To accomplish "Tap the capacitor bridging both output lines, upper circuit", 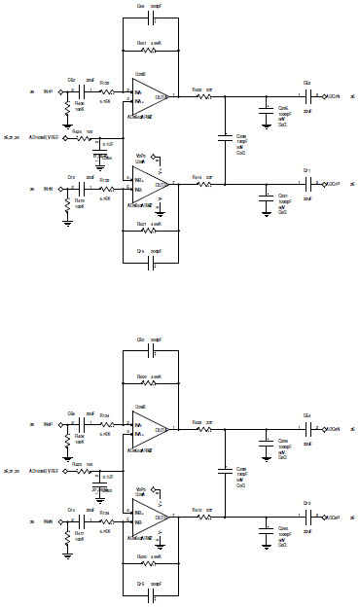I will click(x=225, y=139).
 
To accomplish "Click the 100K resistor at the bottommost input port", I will click(x=67, y=533).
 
